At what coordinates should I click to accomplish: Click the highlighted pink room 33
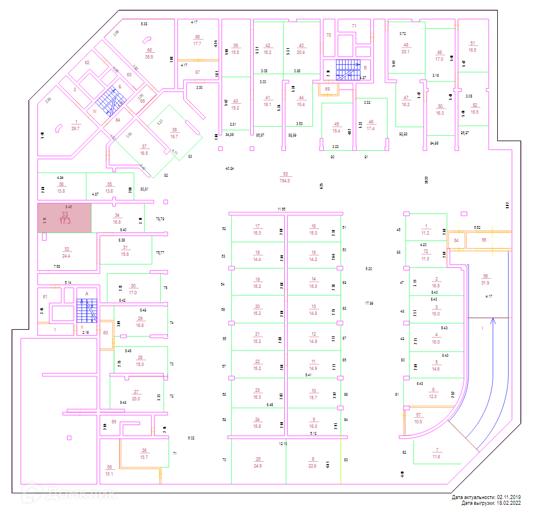tap(64, 217)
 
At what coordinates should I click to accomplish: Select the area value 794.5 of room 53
tap(284, 181)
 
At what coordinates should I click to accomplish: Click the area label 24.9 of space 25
tap(258, 466)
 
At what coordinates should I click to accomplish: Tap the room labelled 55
tap(484, 240)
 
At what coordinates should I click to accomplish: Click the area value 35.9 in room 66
tap(149, 57)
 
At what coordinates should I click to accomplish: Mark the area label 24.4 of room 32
tap(67, 255)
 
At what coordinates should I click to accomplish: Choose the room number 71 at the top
tap(354, 26)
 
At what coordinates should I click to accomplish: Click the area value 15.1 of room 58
tap(110, 474)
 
